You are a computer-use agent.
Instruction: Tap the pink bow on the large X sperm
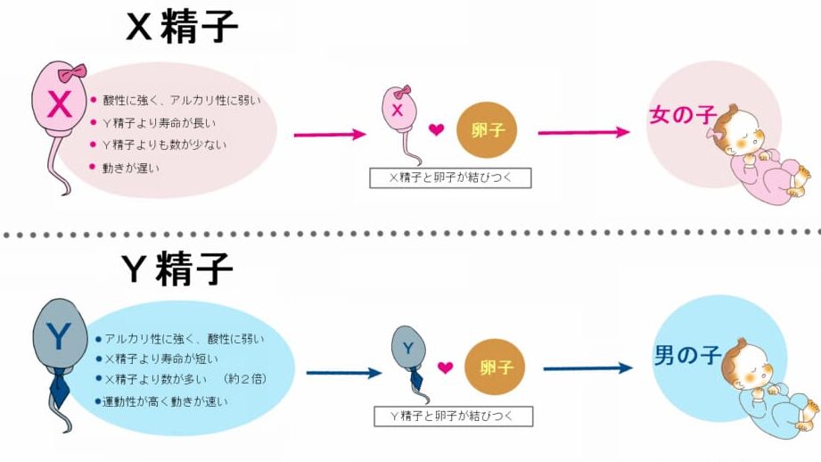pos(72,72)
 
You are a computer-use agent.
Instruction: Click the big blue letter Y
pos(59,336)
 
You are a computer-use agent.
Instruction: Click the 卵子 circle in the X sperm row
pos(487,130)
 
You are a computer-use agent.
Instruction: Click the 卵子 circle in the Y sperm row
pos(493,367)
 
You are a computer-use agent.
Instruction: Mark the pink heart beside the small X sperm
pos(436,130)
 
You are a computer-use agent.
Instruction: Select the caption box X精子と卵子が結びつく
pos(450,177)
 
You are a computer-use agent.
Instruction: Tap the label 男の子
pos(686,357)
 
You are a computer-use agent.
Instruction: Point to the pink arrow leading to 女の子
pos(584,132)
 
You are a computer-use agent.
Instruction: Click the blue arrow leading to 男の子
pos(587,367)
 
